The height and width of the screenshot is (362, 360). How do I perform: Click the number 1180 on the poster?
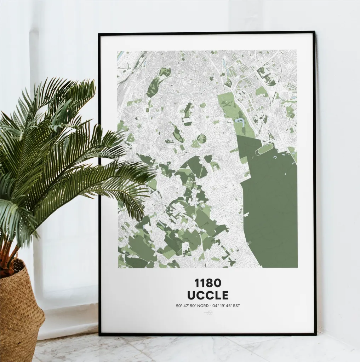(x=208, y=283)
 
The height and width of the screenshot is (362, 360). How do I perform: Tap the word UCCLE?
(x=208, y=295)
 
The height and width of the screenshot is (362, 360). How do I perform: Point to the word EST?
(x=235, y=306)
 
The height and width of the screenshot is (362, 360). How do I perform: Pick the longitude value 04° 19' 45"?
(x=221, y=306)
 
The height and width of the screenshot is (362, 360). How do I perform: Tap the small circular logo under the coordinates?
(x=208, y=313)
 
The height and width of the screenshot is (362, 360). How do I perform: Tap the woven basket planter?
(x=19, y=311)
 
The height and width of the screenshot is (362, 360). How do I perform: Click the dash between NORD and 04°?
(x=211, y=306)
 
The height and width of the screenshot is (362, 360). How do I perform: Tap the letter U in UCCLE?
(x=191, y=295)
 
